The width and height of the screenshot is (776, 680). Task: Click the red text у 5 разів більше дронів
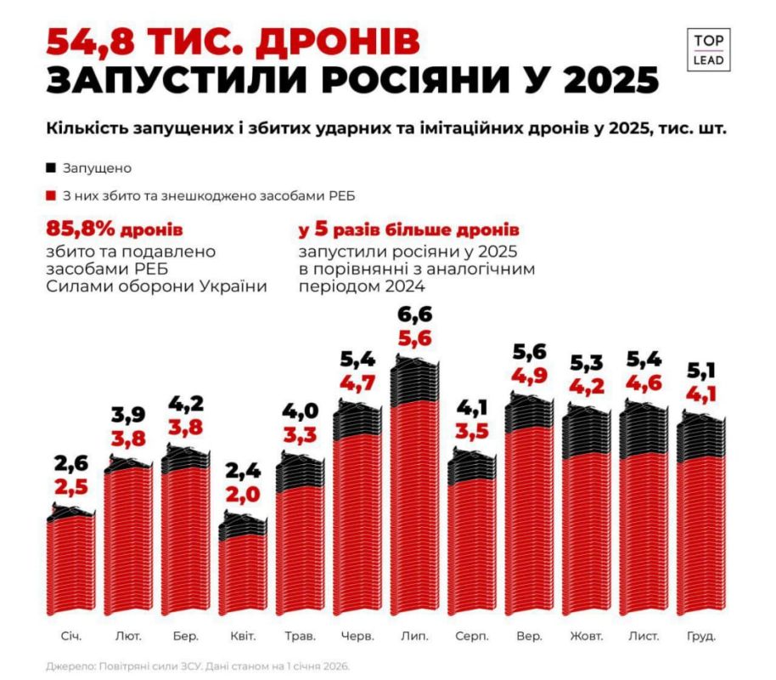(x=408, y=230)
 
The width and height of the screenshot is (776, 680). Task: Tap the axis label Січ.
(x=71, y=635)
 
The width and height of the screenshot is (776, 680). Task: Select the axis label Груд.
(x=700, y=635)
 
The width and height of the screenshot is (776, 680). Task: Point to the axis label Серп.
(x=470, y=635)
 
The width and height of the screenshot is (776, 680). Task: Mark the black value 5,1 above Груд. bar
(x=700, y=370)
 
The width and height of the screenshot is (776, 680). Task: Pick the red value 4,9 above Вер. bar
(x=529, y=375)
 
